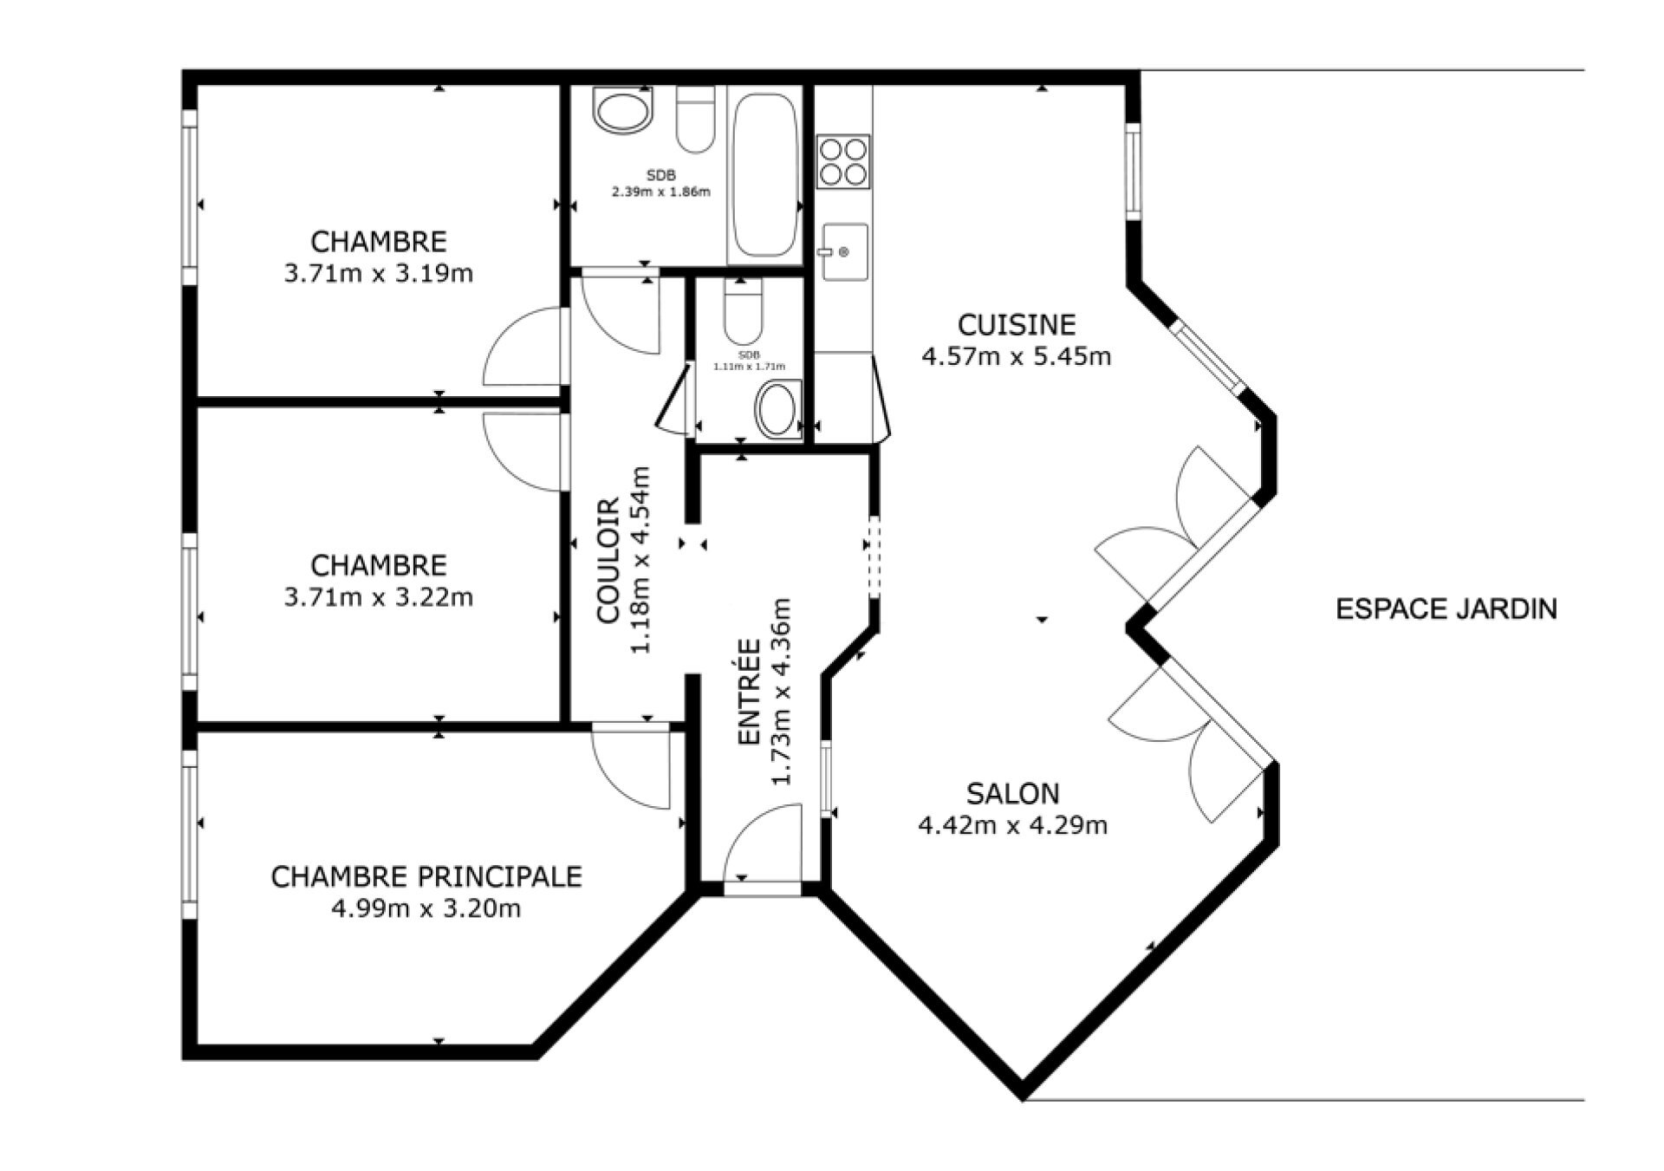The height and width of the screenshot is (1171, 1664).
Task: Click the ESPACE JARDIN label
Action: tap(1446, 609)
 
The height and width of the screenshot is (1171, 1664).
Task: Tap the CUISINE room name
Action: tap(1017, 324)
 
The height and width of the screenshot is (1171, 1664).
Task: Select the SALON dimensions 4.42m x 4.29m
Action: tap(1012, 825)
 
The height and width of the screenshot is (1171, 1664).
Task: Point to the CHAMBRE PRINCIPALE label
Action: tap(426, 876)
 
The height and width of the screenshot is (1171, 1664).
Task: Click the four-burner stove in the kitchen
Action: tap(843, 162)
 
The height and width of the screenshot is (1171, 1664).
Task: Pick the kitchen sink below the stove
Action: tap(843, 252)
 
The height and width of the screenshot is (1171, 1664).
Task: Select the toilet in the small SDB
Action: tap(743, 311)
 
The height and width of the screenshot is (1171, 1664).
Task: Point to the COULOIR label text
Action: tap(608, 560)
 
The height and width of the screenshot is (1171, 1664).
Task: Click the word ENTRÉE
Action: tap(749, 692)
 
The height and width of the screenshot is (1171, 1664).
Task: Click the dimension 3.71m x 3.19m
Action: tap(379, 274)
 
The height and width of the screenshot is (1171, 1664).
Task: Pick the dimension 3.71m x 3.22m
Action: tap(379, 597)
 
